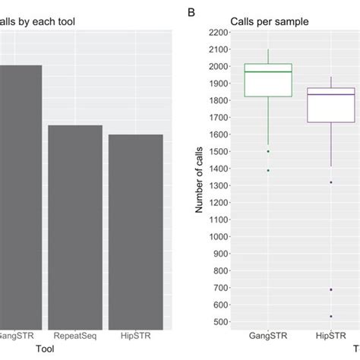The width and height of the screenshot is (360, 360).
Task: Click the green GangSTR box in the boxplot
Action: [267, 80]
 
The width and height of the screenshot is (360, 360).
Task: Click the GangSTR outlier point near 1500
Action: [267, 151]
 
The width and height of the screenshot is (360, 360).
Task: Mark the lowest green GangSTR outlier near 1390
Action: [267, 170]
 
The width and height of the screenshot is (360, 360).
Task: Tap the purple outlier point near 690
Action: [330, 289]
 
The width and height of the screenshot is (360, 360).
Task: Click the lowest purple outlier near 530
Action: [330, 316]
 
